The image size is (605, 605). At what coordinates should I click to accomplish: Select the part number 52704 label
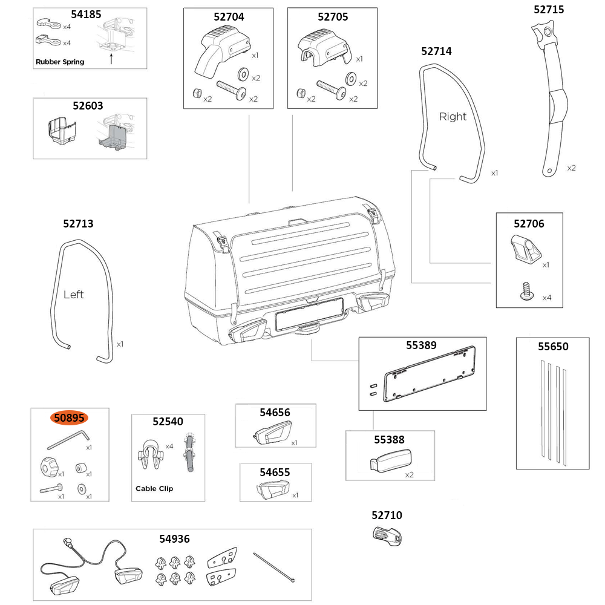click(229, 17)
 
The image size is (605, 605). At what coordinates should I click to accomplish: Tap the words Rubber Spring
click(60, 62)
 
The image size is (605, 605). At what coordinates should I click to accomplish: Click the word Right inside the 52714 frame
click(453, 117)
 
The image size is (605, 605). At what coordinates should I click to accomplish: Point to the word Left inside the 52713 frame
click(73, 295)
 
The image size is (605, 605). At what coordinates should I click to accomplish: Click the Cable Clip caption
click(154, 488)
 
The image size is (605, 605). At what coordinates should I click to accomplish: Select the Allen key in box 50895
click(68, 438)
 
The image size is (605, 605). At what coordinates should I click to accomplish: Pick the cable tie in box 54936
click(275, 567)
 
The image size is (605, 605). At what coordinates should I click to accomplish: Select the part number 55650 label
click(553, 347)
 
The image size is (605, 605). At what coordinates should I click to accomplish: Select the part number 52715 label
click(548, 9)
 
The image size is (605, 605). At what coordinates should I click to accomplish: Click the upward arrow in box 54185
click(111, 58)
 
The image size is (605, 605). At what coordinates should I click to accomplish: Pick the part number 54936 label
click(174, 538)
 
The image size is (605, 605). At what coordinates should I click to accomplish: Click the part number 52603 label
click(88, 105)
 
